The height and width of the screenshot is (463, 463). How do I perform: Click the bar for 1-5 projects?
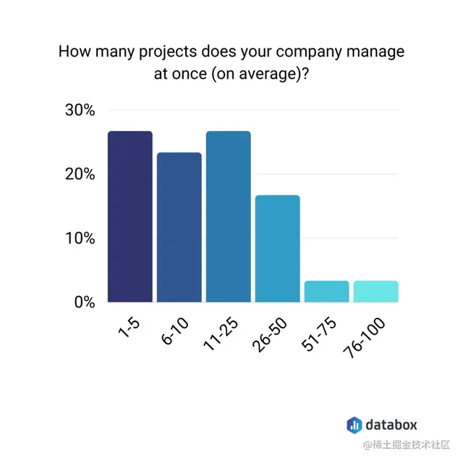click(130, 216)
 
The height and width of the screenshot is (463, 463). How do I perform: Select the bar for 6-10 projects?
click(179, 227)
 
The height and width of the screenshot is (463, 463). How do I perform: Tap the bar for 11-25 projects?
click(228, 216)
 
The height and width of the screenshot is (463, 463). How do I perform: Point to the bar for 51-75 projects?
click(326, 291)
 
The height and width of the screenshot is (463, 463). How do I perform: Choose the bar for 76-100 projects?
click(375, 291)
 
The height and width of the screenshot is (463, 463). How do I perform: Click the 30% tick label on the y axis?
click(80, 111)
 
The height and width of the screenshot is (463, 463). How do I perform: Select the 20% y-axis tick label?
click(80, 174)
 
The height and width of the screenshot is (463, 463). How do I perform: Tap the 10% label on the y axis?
click(80, 238)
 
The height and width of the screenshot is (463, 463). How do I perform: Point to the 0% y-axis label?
click(85, 302)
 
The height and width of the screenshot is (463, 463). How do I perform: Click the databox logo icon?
click(354, 425)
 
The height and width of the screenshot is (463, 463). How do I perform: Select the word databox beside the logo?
click(391, 425)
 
